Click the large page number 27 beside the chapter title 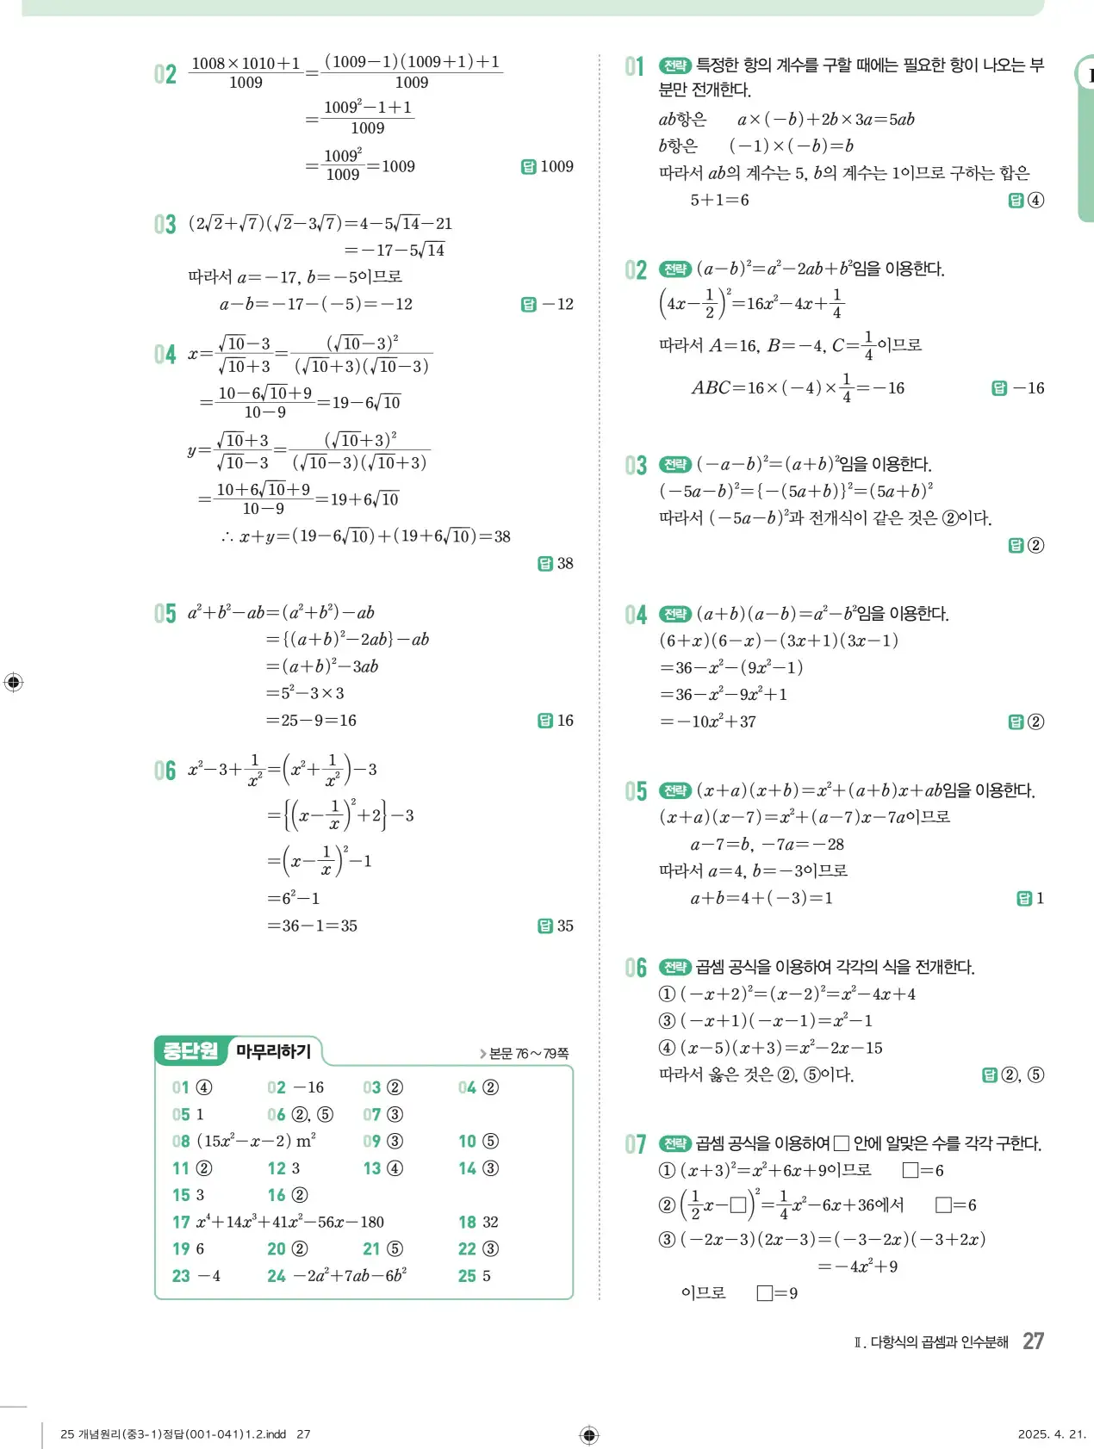pyautogui.click(x=1033, y=1341)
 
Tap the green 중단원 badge pyautogui.click(x=190, y=1050)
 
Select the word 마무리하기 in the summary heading pyautogui.click(x=273, y=1051)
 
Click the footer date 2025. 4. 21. pyautogui.click(x=1052, y=1434)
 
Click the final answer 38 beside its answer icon pyautogui.click(x=565, y=563)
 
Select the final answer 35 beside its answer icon pyautogui.click(x=565, y=926)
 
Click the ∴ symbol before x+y pyautogui.click(x=227, y=537)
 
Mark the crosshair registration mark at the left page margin pyautogui.click(x=13, y=682)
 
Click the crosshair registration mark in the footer pyautogui.click(x=589, y=1434)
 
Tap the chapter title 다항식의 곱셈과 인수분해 pyautogui.click(x=939, y=1342)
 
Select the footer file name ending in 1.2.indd pyautogui.click(x=173, y=1434)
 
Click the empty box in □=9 pyautogui.click(x=764, y=1293)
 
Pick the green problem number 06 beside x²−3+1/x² pyautogui.click(x=165, y=770)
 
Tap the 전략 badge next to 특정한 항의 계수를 pyautogui.click(x=674, y=65)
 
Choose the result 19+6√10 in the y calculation pyautogui.click(x=364, y=499)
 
